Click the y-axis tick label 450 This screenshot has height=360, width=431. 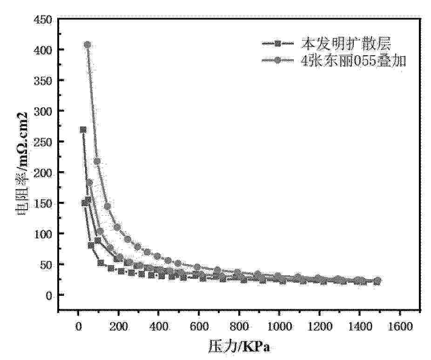[43, 20]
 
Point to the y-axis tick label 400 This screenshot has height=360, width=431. [43, 50]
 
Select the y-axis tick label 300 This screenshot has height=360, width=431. [43, 111]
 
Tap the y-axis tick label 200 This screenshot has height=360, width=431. [43, 173]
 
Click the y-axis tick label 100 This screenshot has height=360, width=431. [43, 234]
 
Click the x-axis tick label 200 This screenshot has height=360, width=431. [118, 327]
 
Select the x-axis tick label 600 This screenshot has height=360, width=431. [198, 327]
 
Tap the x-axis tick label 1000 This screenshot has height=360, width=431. [279, 327]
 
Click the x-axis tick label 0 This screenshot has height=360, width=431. [78, 327]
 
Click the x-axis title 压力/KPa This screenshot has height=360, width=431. [240, 347]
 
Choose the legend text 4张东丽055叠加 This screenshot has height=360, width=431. [353, 60]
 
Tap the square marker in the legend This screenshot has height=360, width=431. [278, 44]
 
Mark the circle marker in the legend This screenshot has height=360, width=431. [278, 60]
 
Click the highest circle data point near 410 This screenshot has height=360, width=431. [87, 45]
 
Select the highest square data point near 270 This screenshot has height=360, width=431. [83, 130]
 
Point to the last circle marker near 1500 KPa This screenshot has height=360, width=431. [377, 281]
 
